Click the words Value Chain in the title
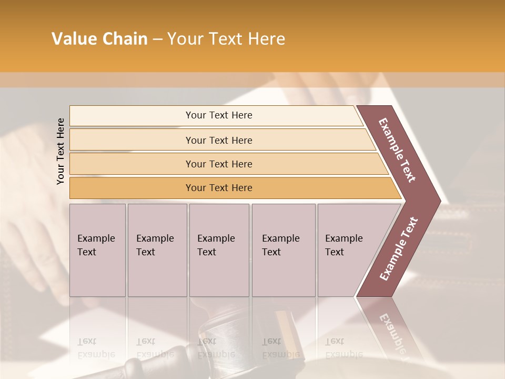pyautogui.click(x=99, y=39)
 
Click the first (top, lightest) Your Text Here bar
pyautogui.click(x=219, y=115)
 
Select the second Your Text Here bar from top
pyautogui.click(x=219, y=140)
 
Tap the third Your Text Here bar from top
pyautogui.click(x=219, y=164)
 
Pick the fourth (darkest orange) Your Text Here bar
pyautogui.click(x=219, y=188)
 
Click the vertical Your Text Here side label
pyautogui.click(x=60, y=151)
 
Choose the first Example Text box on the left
pyautogui.click(x=97, y=250)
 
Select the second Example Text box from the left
pyautogui.click(x=157, y=250)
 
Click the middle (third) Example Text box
pyautogui.click(x=218, y=250)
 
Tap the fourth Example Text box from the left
pyautogui.click(x=283, y=250)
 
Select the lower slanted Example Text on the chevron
pyautogui.click(x=399, y=248)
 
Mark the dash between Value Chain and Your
pyautogui.click(x=157, y=39)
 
